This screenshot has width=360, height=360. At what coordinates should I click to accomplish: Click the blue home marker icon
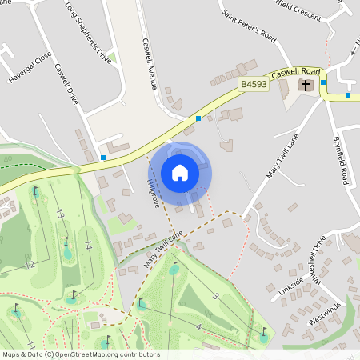[x=180, y=173]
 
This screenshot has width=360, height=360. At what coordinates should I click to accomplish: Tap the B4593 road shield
[x=252, y=83]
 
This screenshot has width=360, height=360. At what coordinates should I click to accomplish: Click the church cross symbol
[x=305, y=85]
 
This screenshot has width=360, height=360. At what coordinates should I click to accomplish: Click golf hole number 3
[x=215, y=296]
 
